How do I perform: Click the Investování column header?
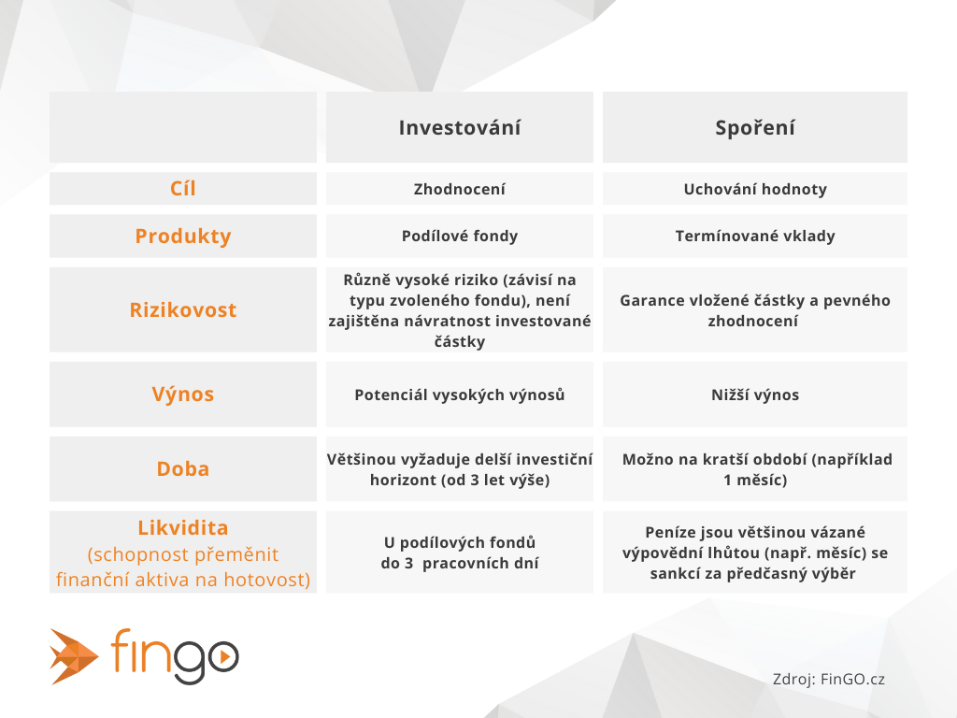click(460, 127)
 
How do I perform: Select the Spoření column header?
click(755, 127)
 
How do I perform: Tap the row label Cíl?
click(183, 188)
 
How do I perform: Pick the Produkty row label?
click(183, 236)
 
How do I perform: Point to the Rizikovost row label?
click(183, 309)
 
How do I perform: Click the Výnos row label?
click(183, 394)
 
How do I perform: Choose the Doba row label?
click(183, 468)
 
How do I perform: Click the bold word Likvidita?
click(183, 527)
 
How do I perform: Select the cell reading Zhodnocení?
click(460, 189)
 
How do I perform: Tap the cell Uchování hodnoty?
click(755, 189)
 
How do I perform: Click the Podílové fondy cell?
click(460, 236)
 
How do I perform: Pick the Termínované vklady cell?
click(755, 236)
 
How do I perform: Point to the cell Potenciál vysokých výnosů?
click(460, 395)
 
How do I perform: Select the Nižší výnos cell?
click(755, 395)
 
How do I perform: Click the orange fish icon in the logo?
click(74, 656)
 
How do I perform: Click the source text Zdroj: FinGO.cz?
click(829, 679)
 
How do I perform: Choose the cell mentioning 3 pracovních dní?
click(460, 553)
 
